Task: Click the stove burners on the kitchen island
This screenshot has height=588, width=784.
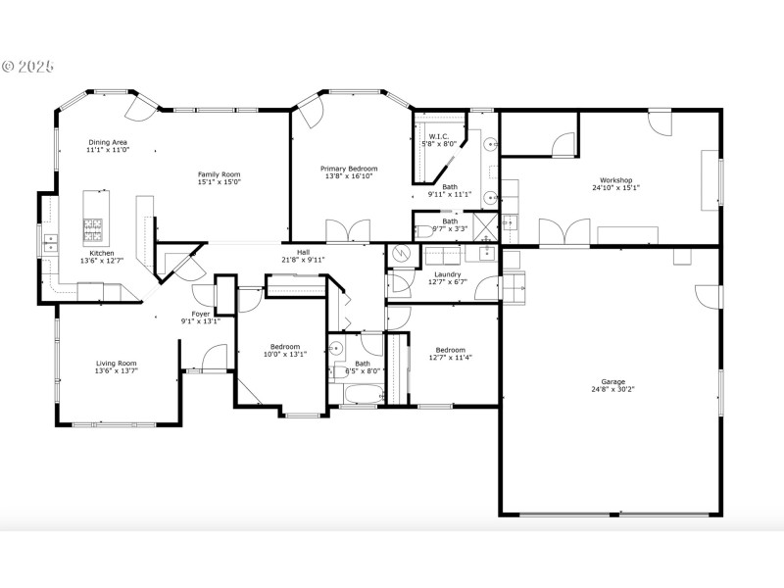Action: [95, 229]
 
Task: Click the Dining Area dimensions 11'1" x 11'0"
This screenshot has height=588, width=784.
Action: [107, 151]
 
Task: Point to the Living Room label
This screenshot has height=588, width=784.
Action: [116, 364]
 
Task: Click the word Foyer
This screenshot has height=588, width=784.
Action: [200, 314]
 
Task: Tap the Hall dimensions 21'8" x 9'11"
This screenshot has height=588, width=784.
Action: [303, 260]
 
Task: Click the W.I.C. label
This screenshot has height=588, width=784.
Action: [438, 136]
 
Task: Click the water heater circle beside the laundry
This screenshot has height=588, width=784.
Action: [400, 254]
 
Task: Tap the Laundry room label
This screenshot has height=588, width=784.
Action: [448, 274]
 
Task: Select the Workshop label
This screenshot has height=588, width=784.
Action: [615, 180]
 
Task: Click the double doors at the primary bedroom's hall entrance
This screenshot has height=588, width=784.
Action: [348, 231]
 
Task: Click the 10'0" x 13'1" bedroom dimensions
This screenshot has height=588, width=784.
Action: [285, 355]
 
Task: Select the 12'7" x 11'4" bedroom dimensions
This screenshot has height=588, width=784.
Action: [450, 358]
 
